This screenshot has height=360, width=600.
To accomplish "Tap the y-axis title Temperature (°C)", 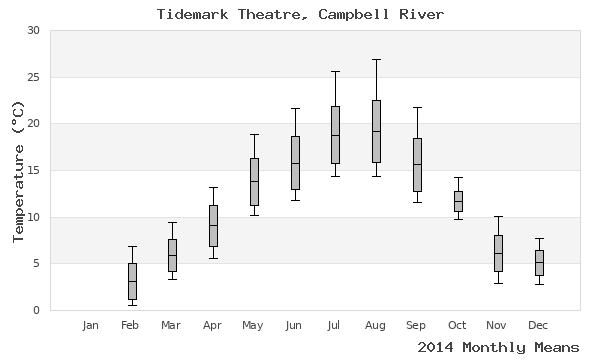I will click(x=17, y=170).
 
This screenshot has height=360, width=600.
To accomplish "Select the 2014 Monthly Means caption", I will click(x=497, y=347).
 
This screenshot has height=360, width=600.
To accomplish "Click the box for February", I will click(x=132, y=281).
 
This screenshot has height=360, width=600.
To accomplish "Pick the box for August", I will click(x=376, y=130).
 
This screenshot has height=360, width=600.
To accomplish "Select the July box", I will click(x=335, y=134).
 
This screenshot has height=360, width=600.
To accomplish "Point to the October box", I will click(x=458, y=201).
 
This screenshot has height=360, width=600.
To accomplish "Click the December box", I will click(x=539, y=262).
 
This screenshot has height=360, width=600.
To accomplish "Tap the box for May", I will click(x=254, y=181).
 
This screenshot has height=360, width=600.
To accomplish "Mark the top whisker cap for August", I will click(x=376, y=59).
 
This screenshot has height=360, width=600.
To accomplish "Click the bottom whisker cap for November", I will click(x=498, y=283).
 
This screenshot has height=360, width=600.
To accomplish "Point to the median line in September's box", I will click(x=417, y=164).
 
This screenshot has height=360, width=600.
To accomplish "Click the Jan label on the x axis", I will click(x=91, y=325).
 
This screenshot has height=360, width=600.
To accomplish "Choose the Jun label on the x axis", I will click(x=294, y=325).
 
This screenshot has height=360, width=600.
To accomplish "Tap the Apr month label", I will click(x=213, y=325).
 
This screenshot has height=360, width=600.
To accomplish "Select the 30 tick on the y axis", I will click(x=33, y=31).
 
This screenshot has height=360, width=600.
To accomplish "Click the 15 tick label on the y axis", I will click(x=33, y=170).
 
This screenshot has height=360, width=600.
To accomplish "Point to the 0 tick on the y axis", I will click(x=36, y=310).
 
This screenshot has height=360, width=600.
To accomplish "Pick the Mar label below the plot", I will click(x=172, y=325).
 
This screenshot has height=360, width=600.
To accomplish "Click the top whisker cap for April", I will click(x=213, y=187).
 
